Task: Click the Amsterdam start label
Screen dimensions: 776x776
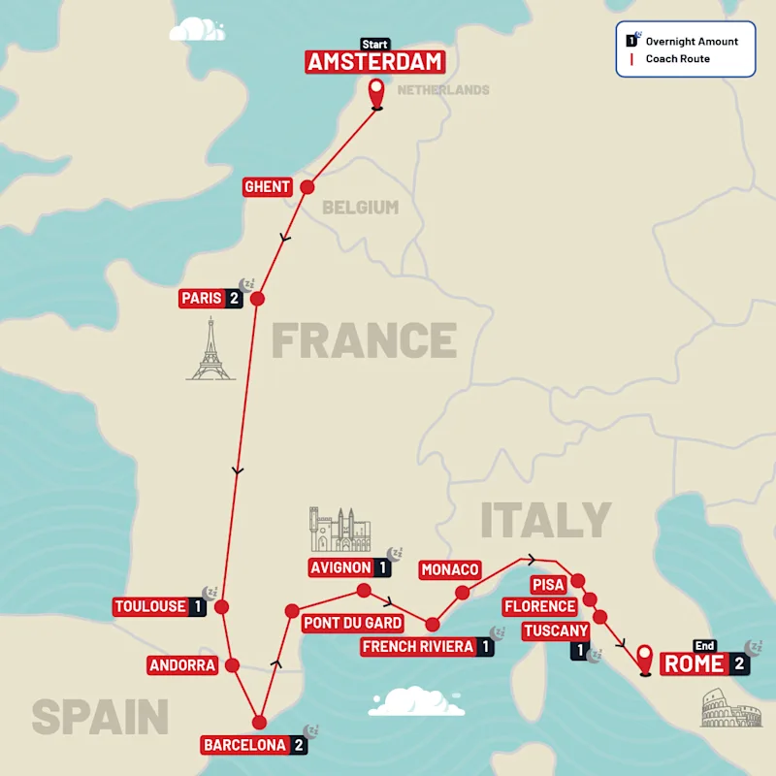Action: (375, 62)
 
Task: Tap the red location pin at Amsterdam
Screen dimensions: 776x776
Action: (375, 95)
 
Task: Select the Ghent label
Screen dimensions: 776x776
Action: (268, 187)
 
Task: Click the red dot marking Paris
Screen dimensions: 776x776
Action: (257, 299)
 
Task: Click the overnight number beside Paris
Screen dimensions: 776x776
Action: (234, 299)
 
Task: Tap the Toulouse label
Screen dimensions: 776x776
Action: (150, 607)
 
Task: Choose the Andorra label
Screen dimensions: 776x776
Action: (182, 665)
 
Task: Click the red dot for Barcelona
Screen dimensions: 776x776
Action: (259, 722)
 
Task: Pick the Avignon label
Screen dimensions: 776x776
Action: (340, 567)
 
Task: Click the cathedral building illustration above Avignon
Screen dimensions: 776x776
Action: (340, 530)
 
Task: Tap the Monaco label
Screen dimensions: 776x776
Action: (449, 569)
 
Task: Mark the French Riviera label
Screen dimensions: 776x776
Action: (418, 647)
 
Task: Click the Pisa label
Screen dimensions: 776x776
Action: (549, 585)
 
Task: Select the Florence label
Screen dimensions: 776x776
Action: (539, 607)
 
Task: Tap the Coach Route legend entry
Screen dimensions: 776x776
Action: (677, 59)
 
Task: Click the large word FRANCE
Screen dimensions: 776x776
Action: (364, 340)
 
